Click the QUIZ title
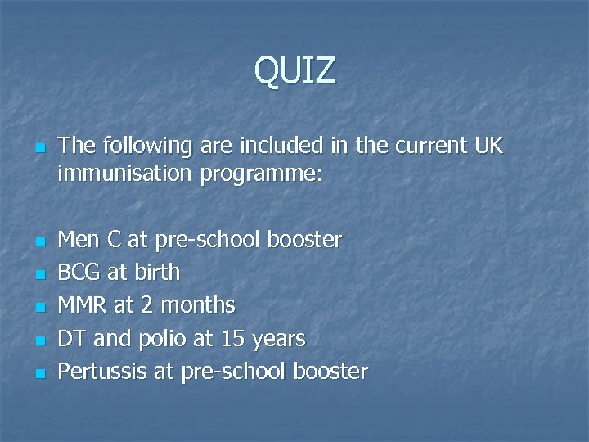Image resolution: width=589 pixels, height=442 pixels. click(x=294, y=71)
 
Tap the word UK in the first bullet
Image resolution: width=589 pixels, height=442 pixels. click(x=488, y=147)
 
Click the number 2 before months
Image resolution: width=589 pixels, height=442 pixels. click(x=147, y=305)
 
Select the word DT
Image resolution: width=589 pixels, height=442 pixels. click(x=72, y=338)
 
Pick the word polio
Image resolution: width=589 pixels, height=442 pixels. click(x=169, y=338)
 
